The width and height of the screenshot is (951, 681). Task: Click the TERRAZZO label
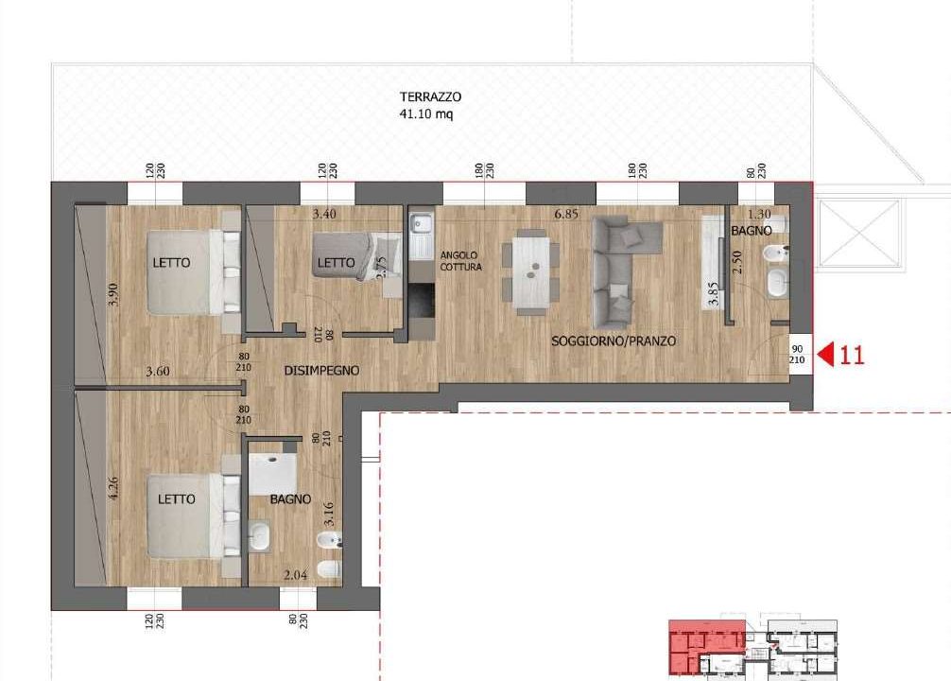tap(430, 96)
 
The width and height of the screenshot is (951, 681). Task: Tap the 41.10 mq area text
tap(425, 113)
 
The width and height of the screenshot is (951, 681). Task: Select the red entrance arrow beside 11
tap(825, 355)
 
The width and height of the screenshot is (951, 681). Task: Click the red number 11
tap(852, 355)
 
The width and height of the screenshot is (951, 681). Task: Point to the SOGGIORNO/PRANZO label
tap(614, 341)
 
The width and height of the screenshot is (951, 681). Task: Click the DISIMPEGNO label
tap(321, 370)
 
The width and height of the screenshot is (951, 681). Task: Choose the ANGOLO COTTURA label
tap(461, 261)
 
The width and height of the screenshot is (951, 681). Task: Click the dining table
tap(531, 271)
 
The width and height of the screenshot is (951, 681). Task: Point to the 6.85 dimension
tap(566, 214)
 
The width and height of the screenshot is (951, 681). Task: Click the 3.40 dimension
tap(324, 214)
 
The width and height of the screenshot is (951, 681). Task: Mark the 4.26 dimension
tap(112, 489)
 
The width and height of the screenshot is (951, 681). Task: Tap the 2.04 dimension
tap(295, 575)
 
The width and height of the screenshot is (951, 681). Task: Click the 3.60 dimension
tap(158, 371)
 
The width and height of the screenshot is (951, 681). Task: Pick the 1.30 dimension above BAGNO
tap(759, 214)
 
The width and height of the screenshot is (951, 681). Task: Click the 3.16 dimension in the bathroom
tap(329, 514)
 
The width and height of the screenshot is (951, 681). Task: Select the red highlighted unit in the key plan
tap(706, 647)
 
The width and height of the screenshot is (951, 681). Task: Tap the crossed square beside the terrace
tap(858, 233)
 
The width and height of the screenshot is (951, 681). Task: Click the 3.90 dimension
tap(112, 294)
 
